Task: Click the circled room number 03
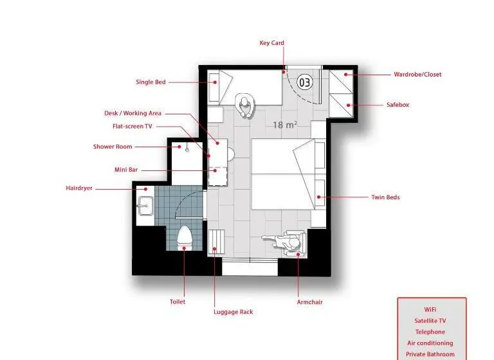pos(305,82)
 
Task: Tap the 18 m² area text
pos(285,125)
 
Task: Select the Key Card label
pos(271,43)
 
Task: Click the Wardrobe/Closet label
pos(417,75)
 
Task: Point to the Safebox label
pos(398,105)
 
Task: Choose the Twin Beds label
pos(385,197)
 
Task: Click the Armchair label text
pos(309,302)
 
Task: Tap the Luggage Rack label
pos(233,312)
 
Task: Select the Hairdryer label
pos(79,188)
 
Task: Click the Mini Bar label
pos(126,170)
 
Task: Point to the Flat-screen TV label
pos(133,126)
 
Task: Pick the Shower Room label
pos(113,147)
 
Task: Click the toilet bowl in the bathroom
pos(185,236)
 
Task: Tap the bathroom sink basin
pos(145,206)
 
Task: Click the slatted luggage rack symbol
pos(216,241)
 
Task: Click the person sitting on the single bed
pos(244,105)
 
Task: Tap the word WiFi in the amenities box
pos(430,310)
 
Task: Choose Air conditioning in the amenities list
pos(430,343)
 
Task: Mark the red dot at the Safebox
pos(349,105)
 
